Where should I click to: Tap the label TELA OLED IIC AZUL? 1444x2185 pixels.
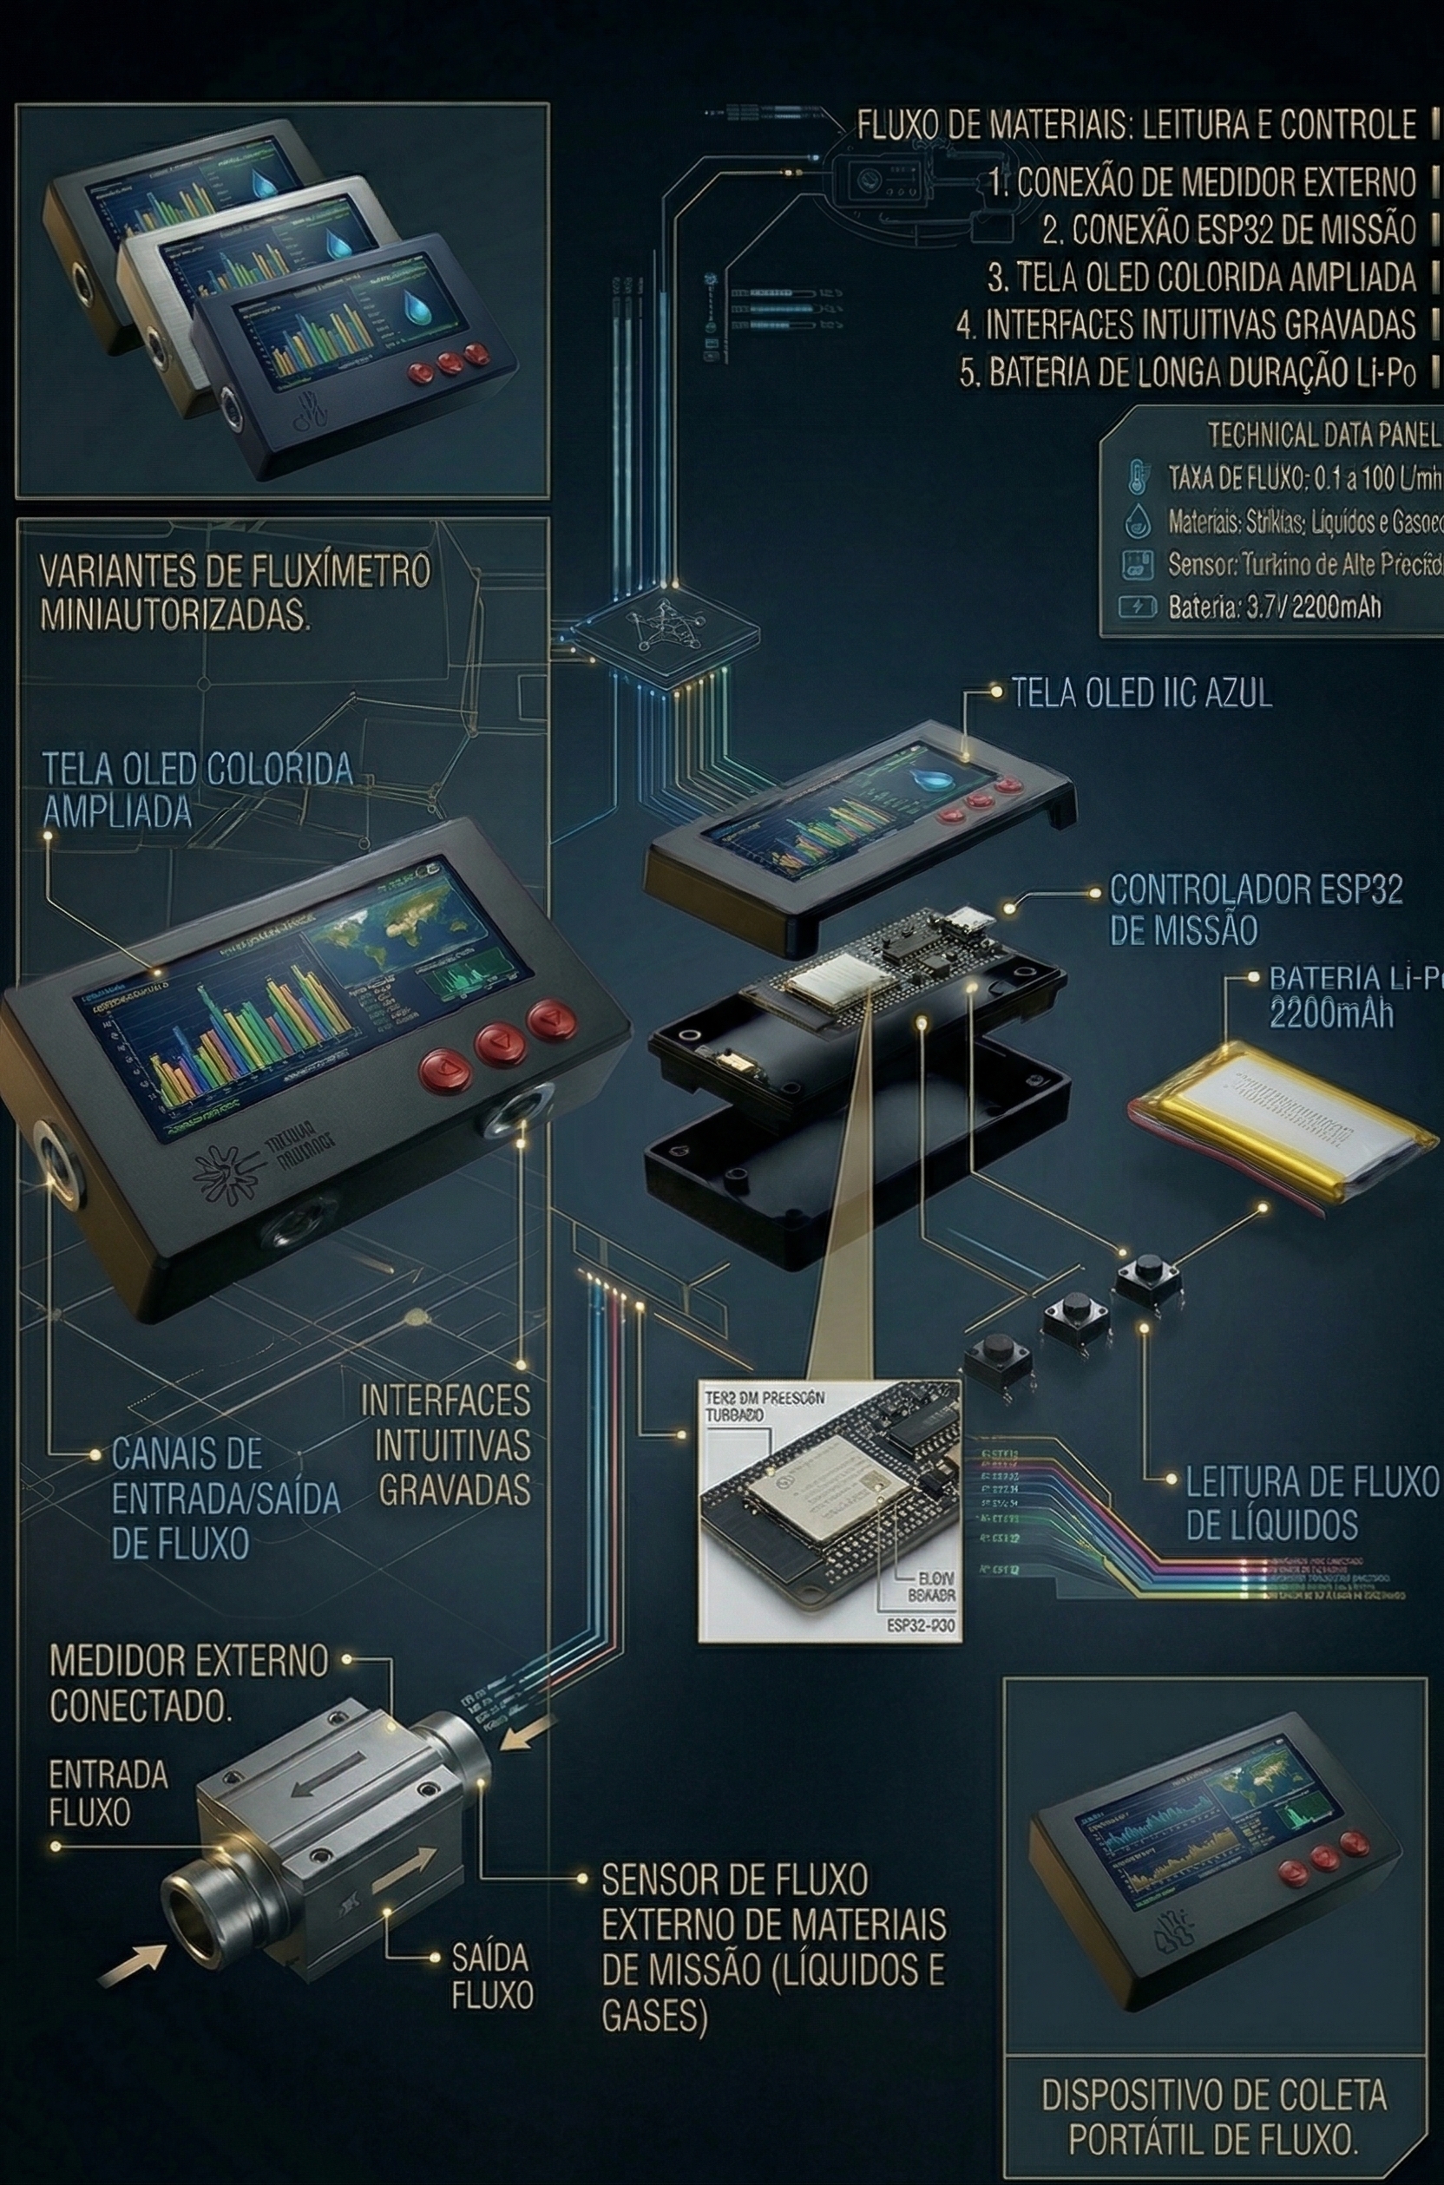click(x=1142, y=693)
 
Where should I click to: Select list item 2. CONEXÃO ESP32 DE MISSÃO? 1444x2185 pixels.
click(x=1229, y=229)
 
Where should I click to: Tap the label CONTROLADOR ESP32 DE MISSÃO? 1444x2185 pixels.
click(x=1255, y=909)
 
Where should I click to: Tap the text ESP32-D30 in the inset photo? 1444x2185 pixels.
click(x=921, y=1626)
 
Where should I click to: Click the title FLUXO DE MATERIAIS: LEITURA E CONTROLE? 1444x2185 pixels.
click(x=1137, y=124)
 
